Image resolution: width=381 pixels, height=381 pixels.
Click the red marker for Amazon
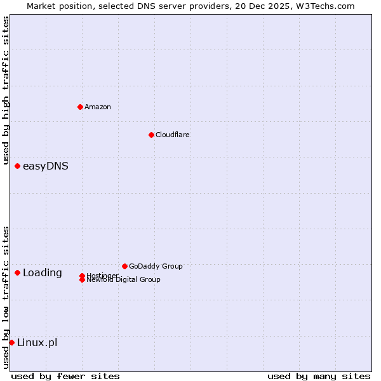[80, 107]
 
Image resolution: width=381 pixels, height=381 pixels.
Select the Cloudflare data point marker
[151, 135]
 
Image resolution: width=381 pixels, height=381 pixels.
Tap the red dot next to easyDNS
[17, 166]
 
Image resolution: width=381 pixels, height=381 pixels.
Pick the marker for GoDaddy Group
[124, 266]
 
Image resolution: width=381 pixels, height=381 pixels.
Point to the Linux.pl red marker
[11, 343]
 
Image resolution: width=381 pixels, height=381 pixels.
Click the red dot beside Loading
[17, 273]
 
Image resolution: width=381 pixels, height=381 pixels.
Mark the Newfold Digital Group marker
[82, 280]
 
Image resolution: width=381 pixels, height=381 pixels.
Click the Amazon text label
[98, 107]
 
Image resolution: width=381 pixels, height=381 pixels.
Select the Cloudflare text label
[173, 135]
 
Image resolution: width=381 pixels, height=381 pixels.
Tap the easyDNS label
[46, 166]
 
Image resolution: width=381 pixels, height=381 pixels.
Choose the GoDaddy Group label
[156, 266]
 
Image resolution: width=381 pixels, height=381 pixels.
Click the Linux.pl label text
[37, 343]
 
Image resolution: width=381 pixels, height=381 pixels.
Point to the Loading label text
[43, 273]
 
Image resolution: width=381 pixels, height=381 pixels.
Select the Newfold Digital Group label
[124, 280]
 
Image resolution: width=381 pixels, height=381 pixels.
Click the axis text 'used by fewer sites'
[65, 376]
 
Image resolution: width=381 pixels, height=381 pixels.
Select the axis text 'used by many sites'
[319, 376]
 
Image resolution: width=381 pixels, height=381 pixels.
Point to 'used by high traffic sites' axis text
[6, 91]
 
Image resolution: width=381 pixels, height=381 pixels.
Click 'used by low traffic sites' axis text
[6, 297]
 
